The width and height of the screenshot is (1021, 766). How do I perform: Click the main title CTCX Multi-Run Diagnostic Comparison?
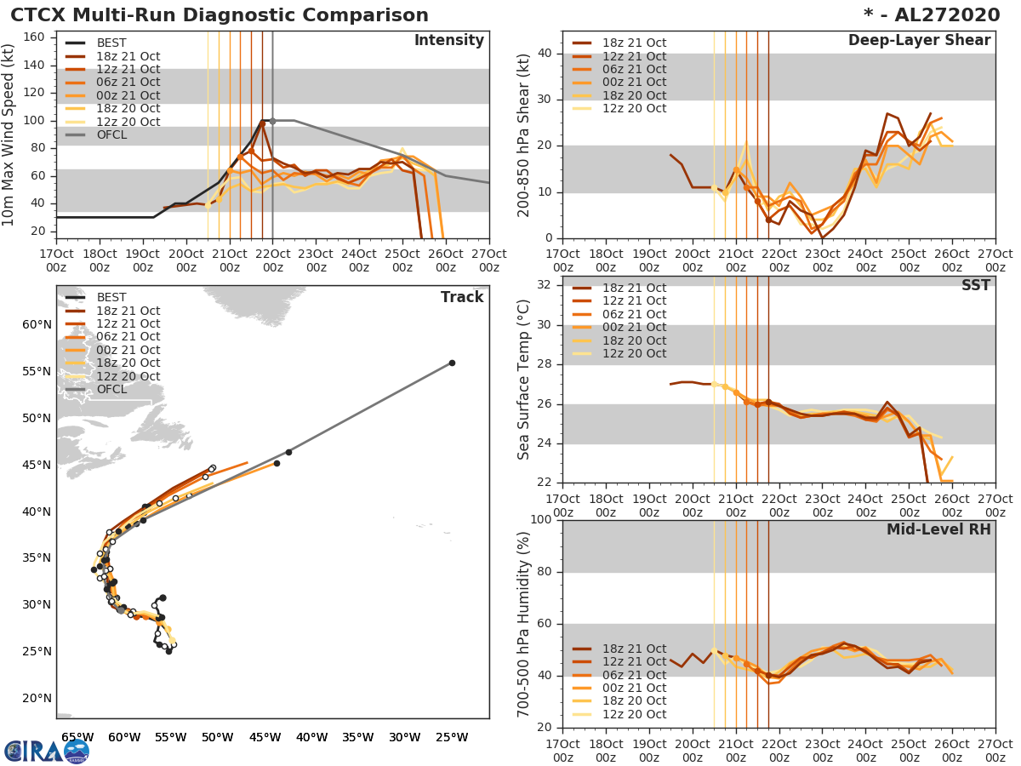pos(220,15)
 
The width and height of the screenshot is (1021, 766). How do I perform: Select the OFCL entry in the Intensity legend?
pos(111,134)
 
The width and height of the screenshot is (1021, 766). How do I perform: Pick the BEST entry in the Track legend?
pos(111,297)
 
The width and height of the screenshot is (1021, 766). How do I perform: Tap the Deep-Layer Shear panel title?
pos(919,41)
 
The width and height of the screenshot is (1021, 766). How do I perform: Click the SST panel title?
pos(975,285)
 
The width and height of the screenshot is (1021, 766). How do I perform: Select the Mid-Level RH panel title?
pos(938,529)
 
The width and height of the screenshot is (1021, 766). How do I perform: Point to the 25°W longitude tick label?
pos(451,737)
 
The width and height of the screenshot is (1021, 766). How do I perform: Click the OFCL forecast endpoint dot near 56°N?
pos(452,363)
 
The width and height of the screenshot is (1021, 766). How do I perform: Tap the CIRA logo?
pos(46,749)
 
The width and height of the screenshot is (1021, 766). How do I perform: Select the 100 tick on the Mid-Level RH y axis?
pos(539,519)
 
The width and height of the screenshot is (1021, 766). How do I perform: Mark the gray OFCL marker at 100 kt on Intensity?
pos(272,121)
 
